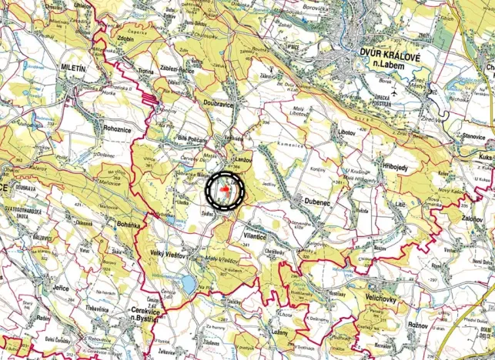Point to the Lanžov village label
click(242, 158)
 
